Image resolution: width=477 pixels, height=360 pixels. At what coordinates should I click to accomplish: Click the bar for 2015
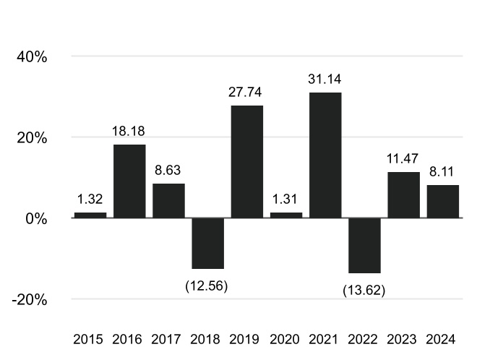[90, 215]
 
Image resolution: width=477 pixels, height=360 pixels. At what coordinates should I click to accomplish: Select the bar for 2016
[129, 181]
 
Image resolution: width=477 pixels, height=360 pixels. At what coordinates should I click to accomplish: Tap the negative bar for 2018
[208, 243]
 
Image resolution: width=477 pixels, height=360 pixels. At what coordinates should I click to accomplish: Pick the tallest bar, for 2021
[325, 155]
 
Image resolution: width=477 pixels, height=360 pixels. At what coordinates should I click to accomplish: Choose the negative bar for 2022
[364, 245]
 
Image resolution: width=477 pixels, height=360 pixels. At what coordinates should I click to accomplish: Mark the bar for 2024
[443, 202]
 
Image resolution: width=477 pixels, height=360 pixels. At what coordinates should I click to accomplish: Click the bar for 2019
[247, 162]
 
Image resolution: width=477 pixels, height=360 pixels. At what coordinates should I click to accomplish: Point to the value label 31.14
[325, 79]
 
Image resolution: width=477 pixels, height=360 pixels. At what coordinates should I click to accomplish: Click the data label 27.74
[245, 93]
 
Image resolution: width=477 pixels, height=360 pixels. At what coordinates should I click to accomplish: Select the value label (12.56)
[207, 286]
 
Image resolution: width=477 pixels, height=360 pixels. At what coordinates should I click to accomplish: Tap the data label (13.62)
[364, 290]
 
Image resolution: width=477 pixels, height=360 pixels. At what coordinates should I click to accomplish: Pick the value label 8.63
[168, 170]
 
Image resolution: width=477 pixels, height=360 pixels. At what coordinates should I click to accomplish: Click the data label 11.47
[403, 158]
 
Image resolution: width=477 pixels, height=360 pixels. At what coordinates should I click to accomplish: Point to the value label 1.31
[285, 199]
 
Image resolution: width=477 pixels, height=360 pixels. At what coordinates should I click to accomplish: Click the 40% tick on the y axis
[32, 57]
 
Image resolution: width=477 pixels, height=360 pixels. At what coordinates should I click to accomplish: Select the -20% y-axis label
[30, 300]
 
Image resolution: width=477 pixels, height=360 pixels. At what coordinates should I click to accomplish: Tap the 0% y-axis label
[36, 219]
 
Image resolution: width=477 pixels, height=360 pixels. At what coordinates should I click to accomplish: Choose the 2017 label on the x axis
[166, 339]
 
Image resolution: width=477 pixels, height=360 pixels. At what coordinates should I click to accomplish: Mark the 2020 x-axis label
[285, 339]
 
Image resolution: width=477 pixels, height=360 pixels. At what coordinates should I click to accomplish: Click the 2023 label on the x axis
[402, 339]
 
